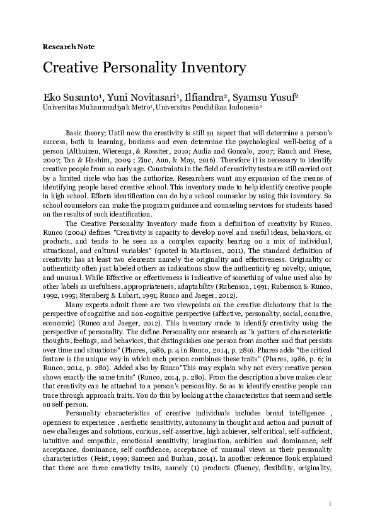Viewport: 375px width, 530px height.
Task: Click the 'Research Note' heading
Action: coord(68,47)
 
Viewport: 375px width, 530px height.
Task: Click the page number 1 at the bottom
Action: coord(330,504)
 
